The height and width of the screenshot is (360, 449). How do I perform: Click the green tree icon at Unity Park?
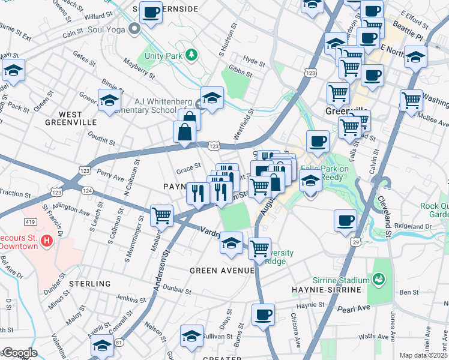pos(191,55)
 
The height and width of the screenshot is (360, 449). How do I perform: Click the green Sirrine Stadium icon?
pos(379,279)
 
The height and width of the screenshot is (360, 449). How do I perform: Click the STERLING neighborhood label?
pos(89,283)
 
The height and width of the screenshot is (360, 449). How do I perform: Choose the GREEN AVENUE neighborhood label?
pos(222,271)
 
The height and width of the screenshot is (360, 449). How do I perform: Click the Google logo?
pos(19,353)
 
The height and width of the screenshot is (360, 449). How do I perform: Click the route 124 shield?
pos(86,190)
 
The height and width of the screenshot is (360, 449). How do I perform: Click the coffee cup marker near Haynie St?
pos(262,315)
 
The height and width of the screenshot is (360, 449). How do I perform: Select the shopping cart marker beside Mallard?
pos(161,215)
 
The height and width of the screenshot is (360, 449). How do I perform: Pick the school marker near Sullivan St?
pos(191,336)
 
